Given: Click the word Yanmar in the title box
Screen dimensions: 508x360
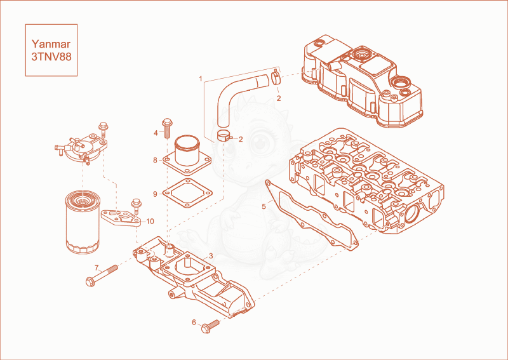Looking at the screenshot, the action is pos(51,44).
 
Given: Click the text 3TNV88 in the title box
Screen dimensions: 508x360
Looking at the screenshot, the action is pos(51,57).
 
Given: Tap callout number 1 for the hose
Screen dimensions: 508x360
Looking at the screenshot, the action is pos(201,79).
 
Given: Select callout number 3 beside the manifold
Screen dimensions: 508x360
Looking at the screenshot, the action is pos(211,256).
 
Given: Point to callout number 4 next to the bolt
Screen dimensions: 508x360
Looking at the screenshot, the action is pos(156,133).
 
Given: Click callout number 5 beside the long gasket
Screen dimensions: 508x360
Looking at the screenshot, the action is pos(264,206).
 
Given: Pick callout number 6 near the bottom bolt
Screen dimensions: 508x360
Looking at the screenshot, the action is pos(194,322).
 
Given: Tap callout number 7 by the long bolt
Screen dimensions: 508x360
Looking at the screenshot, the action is pos(97,268).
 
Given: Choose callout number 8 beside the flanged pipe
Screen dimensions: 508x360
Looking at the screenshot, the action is pos(155,160).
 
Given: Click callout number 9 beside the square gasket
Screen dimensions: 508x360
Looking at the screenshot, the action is pos(155,194).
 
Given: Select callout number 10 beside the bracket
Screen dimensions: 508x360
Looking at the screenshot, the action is pos(150,222).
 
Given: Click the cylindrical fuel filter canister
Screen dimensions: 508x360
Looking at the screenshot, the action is pos(83,222).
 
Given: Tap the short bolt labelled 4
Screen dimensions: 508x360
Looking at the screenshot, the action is pos(167,128).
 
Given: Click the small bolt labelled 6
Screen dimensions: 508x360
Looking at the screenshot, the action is pos(210,326).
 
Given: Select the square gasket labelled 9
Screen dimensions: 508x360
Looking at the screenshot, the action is pos(187,194).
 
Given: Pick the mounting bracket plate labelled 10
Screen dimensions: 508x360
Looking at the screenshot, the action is pos(121,218).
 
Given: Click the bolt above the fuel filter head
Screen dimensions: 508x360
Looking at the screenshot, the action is pos(104,129).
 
